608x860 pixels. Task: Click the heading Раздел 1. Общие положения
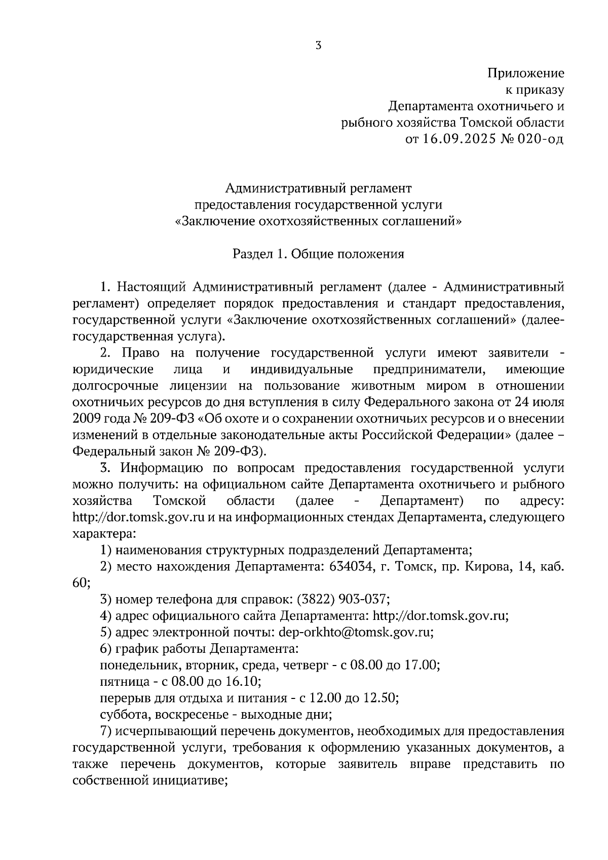pos(318,254)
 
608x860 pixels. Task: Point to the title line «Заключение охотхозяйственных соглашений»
pos(318,221)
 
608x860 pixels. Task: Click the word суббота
pos(120,715)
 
